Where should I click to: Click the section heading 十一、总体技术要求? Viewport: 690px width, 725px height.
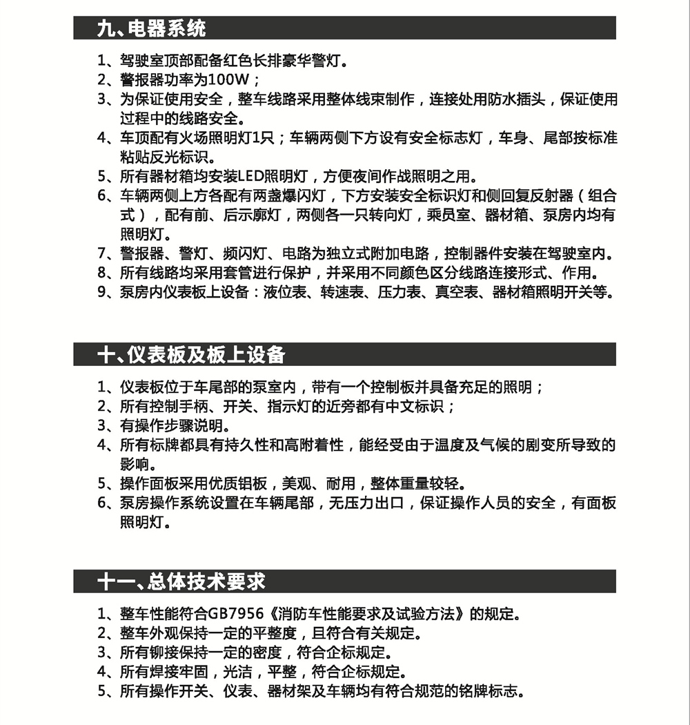(181, 581)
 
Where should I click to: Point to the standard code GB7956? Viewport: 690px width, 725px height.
(238, 614)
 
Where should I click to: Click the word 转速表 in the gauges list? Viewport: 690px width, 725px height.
(342, 293)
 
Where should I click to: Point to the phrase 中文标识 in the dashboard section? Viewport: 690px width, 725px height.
(415, 406)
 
